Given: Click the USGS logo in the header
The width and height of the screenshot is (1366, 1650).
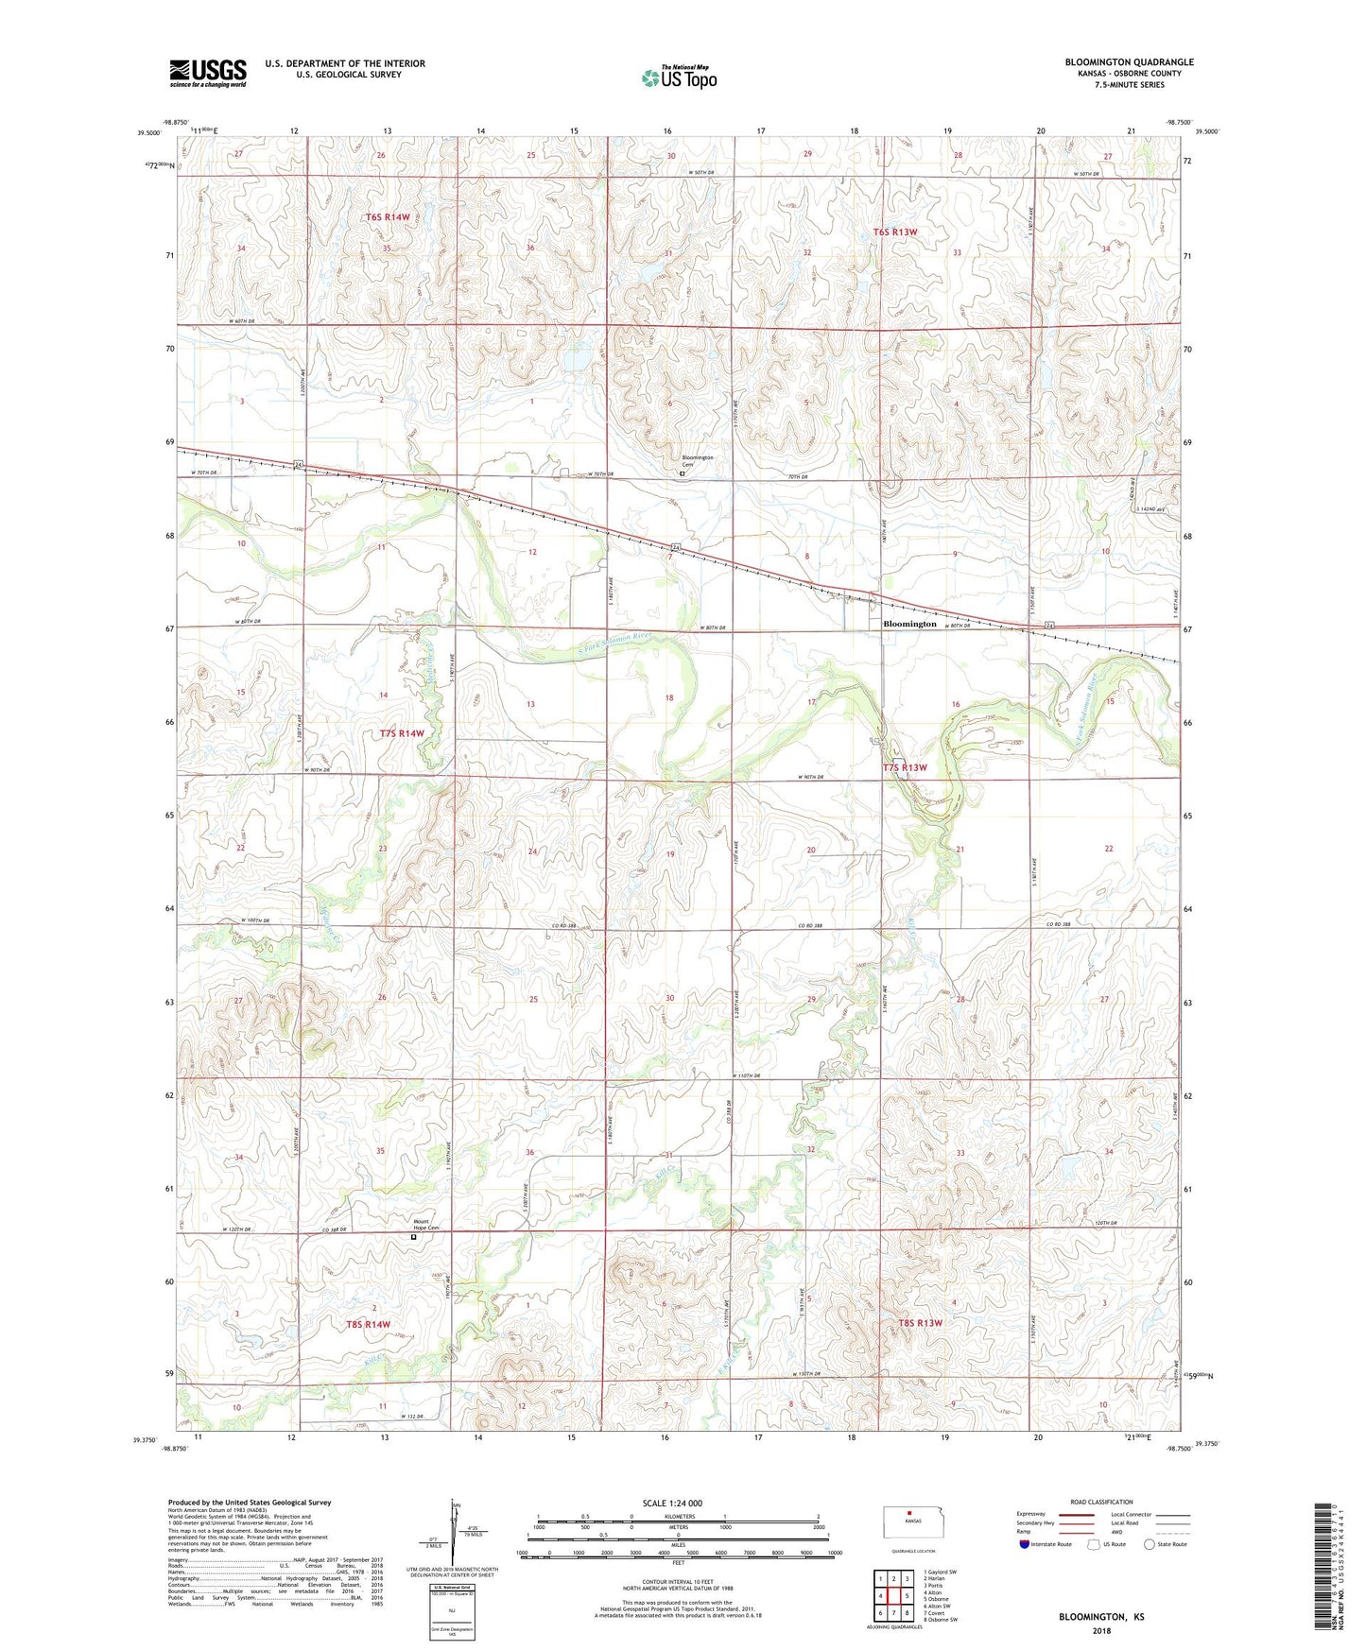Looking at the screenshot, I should (208, 73).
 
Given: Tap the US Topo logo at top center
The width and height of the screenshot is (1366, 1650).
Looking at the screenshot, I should (679, 77).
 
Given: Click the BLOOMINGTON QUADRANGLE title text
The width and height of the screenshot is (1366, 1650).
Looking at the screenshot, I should (1129, 62).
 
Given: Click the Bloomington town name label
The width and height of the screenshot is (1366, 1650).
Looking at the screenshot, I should (909, 624).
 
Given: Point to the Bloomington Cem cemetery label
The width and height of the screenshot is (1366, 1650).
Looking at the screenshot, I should (698, 461).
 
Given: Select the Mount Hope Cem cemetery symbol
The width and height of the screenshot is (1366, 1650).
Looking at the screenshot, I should (414, 1235).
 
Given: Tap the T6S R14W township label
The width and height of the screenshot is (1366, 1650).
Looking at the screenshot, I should (388, 217).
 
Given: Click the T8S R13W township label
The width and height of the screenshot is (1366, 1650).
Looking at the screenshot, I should (920, 1323).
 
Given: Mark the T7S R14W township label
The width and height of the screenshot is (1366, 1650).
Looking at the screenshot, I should (402, 733).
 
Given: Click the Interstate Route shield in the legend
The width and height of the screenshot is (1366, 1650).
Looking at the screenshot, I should (1025, 1544).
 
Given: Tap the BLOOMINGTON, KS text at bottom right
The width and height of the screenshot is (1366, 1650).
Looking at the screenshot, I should (1101, 1617).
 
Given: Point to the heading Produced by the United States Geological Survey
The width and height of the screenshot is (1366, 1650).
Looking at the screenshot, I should (250, 1502).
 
